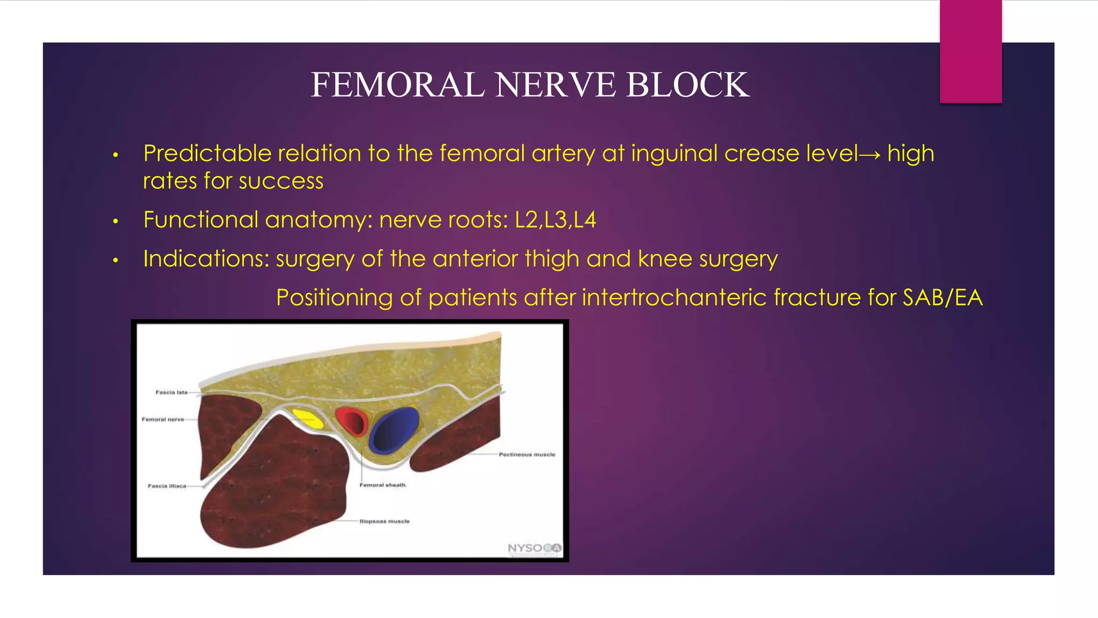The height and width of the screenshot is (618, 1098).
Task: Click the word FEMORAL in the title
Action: tap(397, 85)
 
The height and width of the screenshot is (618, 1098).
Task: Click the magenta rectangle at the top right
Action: tap(970, 51)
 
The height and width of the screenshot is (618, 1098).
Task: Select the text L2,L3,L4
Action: tap(555, 220)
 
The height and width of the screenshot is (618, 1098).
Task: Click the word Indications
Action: tap(206, 259)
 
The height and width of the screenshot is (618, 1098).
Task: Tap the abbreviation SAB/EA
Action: tap(943, 298)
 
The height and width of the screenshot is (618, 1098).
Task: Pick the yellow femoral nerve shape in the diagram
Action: tap(308, 418)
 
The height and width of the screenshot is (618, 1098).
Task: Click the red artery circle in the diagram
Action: tap(352, 421)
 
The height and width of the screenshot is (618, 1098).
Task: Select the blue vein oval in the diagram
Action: tap(395, 429)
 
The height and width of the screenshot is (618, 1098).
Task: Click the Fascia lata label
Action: tap(171, 393)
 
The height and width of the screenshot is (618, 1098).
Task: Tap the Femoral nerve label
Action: tap(162, 420)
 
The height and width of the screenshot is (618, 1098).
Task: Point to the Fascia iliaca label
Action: tap(167, 486)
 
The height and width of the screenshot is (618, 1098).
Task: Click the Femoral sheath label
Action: tap(382, 485)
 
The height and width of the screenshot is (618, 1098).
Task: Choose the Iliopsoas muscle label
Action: tap(384, 521)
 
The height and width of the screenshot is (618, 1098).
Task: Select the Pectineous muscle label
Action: tap(526, 454)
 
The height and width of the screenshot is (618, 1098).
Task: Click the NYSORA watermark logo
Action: tap(534, 548)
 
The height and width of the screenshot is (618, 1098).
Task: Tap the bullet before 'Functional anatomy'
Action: tap(115, 221)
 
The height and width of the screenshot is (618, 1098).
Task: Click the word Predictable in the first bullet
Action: tap(207, 154)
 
